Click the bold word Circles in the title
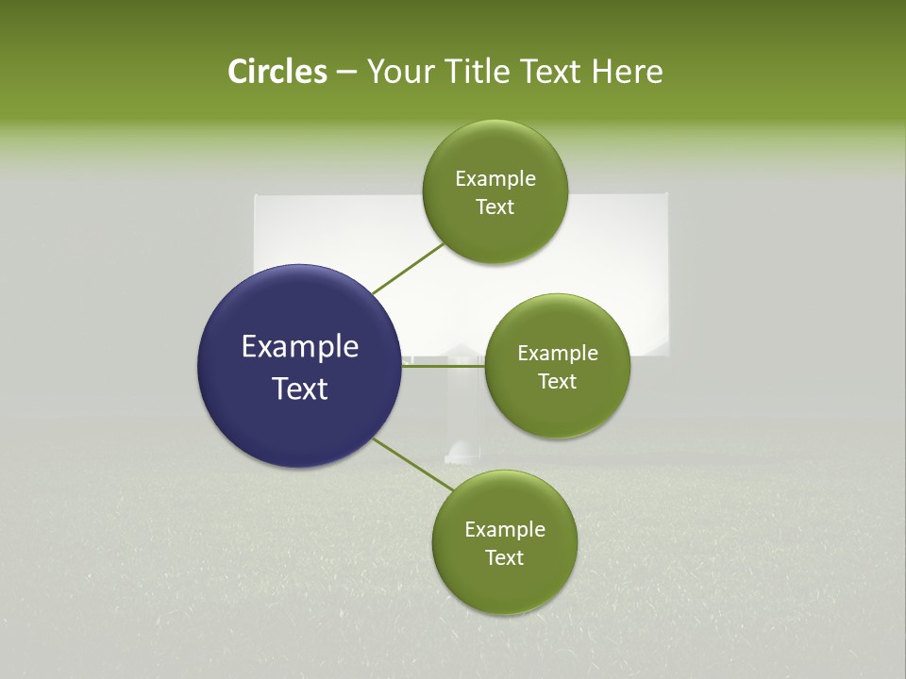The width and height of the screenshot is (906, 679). [x=277, y=72]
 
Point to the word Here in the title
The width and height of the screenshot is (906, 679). [x=627, y=72]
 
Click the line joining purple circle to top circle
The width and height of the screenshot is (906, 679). [x=409, y=268]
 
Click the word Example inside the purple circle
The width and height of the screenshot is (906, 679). [x=299, y=347]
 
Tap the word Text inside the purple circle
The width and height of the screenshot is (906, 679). [x=299, y=389]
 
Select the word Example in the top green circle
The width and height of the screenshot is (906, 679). [x=495, y=179]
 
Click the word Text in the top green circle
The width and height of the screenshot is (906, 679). [x=495, y=207]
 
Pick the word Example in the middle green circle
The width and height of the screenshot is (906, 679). [x=557, y=354]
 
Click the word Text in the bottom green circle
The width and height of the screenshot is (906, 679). [x=504, y=558]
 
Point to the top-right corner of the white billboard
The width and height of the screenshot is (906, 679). [x=667, y=195]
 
